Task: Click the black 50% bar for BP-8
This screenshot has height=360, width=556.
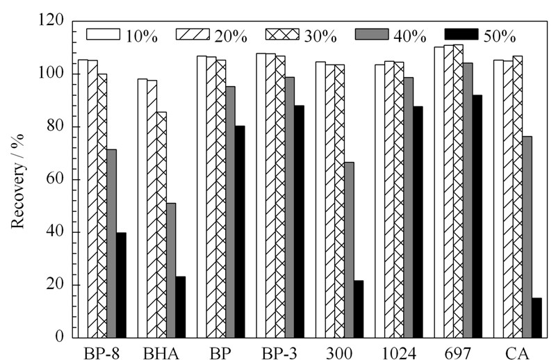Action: [121, 285]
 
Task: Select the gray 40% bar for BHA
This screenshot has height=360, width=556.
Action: [171, 270]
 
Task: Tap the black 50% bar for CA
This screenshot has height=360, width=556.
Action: [537, 318]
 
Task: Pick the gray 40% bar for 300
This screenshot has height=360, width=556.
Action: [349, 250]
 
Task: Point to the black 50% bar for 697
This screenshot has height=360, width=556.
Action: [477, 216]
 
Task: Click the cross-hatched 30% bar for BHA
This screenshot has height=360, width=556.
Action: [162, 225]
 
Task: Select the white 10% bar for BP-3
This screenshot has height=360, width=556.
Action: [261, 195]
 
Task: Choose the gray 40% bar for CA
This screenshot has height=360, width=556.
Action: [528, 237]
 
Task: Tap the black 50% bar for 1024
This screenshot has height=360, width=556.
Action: [418, 222]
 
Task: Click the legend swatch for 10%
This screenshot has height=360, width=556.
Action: [103, 34]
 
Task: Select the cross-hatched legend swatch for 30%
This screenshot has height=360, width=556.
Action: [282, 34]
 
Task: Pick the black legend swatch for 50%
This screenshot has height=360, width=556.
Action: [461, 34]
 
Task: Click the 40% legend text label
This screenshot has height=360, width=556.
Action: [410, 36]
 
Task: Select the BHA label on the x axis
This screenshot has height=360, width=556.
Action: [161, 354]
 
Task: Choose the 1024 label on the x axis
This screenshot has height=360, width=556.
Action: [398, 354]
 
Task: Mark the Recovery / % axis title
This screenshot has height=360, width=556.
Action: [17, 181]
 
